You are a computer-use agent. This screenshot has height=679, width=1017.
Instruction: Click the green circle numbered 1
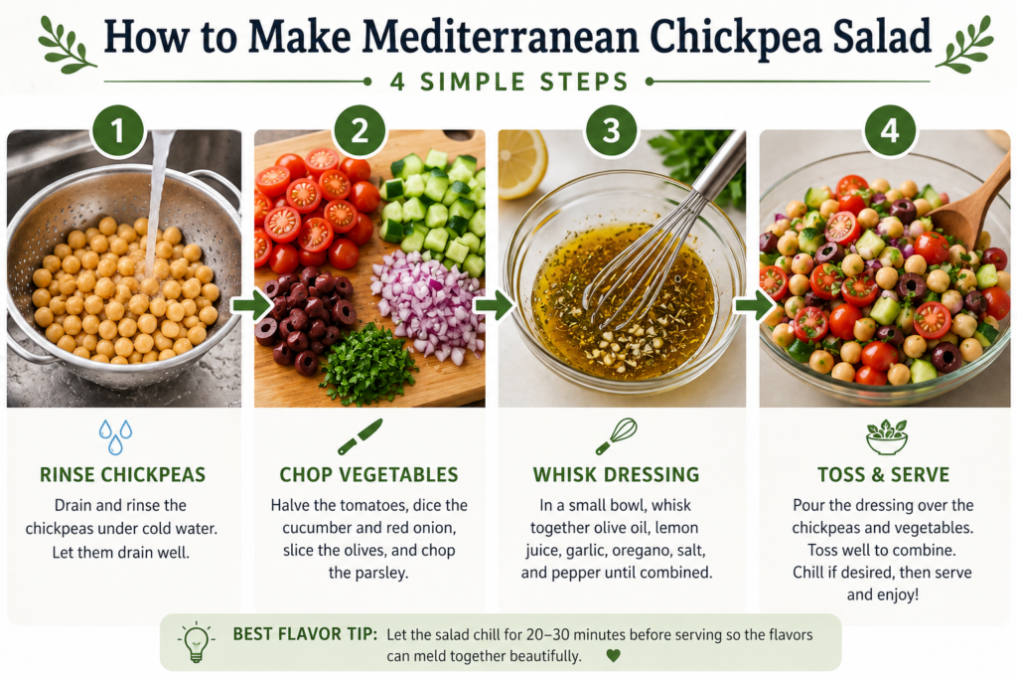point(117,130)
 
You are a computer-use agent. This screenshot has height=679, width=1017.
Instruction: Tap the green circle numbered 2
point(360,130)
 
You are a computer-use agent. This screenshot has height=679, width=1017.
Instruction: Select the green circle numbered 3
point(611,130)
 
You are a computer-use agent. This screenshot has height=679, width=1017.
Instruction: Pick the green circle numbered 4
point(890,130)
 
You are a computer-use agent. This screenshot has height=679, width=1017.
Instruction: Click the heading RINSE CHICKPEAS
point(122,474)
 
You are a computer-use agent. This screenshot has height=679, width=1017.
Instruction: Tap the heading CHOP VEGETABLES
point(368,474)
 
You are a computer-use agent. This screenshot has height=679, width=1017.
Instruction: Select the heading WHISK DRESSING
point(616,474)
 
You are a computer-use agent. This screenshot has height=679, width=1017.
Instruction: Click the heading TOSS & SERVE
point(883,474)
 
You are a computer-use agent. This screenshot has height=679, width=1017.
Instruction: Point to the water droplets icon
point(115,436)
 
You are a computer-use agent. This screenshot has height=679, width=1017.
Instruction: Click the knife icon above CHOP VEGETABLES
point(360,436)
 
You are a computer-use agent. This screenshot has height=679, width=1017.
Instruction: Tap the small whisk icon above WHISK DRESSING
point(616,436)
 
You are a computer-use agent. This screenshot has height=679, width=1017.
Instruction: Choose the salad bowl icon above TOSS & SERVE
point(887,436)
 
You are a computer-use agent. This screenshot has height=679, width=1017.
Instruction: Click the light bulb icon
point(196,642)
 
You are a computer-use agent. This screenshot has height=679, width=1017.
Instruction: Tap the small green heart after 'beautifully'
point(613,655)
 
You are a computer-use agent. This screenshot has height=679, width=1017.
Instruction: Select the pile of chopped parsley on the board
point(367,364)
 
